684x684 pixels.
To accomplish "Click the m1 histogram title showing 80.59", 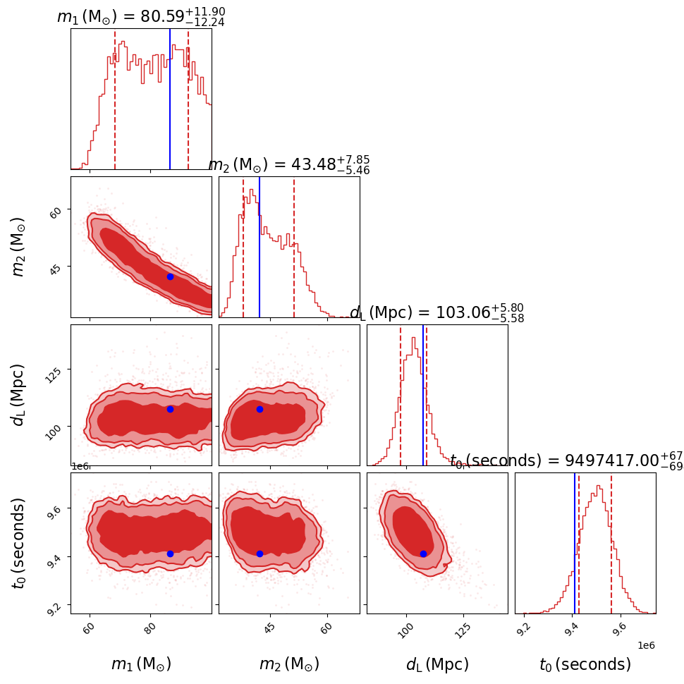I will [141, 16].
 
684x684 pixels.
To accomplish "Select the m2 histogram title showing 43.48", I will [289, 164].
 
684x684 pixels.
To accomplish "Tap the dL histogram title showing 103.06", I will [436, 312].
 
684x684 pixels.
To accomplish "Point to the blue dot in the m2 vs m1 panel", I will [170, 276].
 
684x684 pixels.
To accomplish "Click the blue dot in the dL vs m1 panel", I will [170, 409].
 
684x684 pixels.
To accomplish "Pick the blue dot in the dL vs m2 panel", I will [259, 409].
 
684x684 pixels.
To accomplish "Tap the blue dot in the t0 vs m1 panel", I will [170, 554].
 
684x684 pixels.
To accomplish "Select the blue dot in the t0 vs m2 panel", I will [259, 554].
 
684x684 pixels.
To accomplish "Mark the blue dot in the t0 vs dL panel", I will [423, 554].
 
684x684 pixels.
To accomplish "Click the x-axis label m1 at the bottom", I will [141, 664].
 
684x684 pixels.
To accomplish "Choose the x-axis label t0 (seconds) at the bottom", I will [585, 664].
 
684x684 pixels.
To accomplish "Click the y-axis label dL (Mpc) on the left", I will [19, 395].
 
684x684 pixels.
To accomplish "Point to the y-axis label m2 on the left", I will [19, 247].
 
